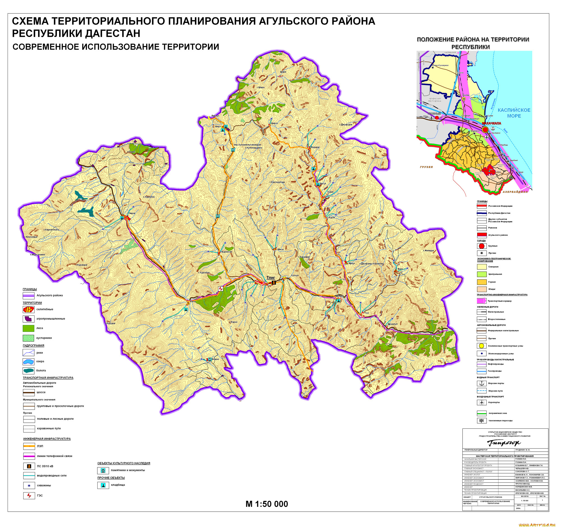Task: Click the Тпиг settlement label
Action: [x=270, y=278]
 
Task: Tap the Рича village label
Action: [x=193, y=302]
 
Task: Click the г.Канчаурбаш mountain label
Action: [x=277, y=182]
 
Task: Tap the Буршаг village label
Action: [x=315, y=147]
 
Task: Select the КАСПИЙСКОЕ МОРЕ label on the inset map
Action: [x=514, y=113]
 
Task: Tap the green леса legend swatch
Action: [x=29, y=328]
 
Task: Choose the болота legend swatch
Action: [x=29, y=371]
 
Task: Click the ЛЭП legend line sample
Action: [x=29, y=446]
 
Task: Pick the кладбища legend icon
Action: [x=103, y=485]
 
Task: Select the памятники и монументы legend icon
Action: [x=103, y=470]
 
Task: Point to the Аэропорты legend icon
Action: [x=481, y=402]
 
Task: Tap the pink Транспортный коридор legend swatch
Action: [x=481, y=301]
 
